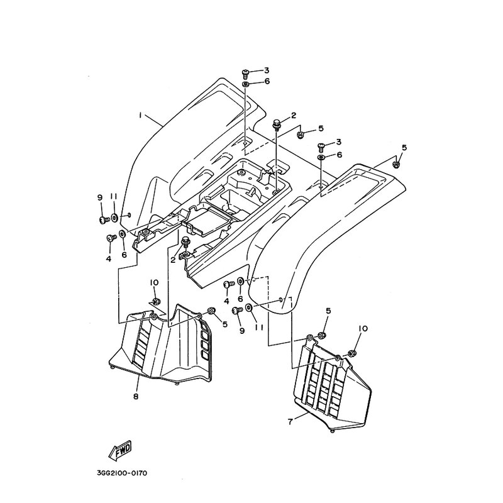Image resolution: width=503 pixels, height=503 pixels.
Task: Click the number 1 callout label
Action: [141, 115]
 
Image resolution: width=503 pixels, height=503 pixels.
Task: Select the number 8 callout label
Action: [135, 396]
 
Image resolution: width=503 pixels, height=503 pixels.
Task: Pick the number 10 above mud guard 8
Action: [153, 283]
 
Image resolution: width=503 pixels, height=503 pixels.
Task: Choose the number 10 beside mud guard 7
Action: [363, 329]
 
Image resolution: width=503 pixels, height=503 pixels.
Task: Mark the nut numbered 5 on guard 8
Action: [211, 310]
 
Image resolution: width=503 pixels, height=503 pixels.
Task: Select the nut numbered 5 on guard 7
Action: [322, 333]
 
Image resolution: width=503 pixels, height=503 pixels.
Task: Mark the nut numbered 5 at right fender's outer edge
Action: [397, 165]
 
